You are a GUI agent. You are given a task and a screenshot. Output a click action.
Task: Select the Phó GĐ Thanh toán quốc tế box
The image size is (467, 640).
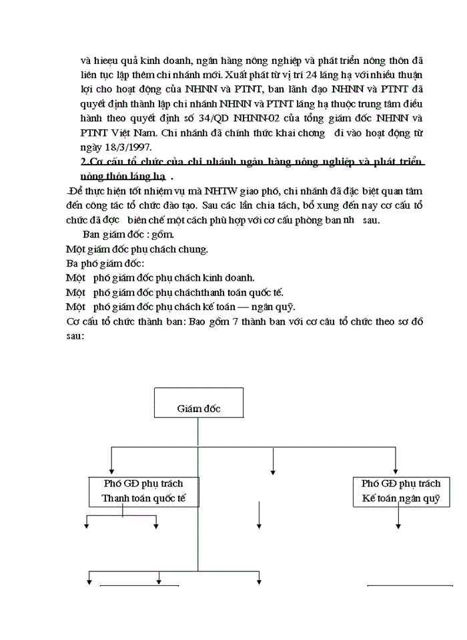[x=143, y=491]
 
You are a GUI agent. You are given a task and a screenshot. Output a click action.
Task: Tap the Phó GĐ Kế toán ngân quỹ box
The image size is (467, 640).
[x=401, y=491]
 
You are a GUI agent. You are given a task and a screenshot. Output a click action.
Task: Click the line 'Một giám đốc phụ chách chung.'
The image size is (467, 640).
[x=137, y=249]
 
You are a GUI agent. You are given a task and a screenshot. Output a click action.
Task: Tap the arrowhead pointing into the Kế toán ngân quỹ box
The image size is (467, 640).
[x=396, y=471]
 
